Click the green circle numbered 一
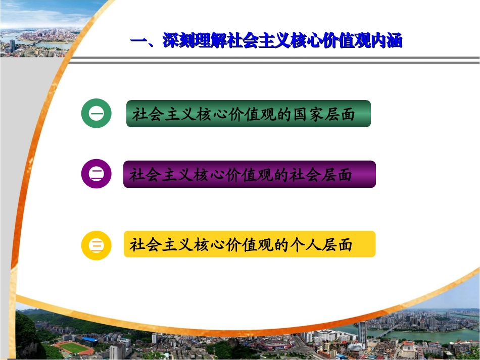click(97, 114)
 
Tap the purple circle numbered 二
click(97, 174)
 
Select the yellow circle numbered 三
click(97, 245)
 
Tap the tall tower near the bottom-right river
click(362, 331)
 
